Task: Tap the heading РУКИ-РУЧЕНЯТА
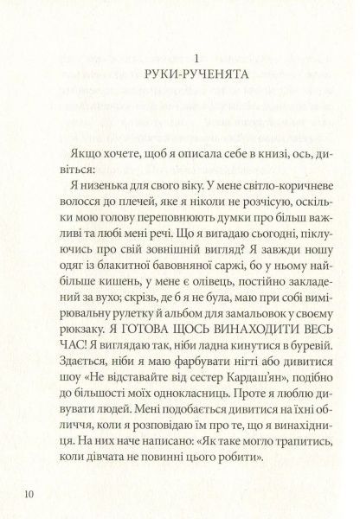click(x=198, y=74)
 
